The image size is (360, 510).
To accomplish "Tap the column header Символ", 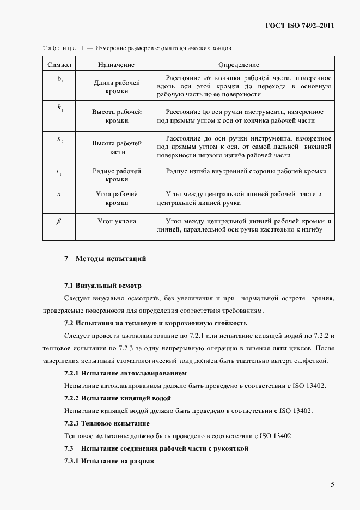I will coord(60,65).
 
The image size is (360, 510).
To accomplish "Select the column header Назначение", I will coord(116,65).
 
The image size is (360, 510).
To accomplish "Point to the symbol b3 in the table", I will coord(60,79).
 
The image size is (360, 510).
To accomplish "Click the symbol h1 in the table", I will coord(60,107).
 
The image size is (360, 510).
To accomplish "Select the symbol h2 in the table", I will coord(60,139).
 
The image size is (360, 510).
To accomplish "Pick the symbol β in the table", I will coord(59,221).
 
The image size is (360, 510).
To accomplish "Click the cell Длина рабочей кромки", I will coord(117,87).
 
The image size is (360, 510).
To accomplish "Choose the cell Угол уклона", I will coord(117,221).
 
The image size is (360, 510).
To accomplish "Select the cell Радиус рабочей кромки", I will coord(117,175).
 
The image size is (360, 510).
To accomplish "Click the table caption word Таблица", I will coord(58,48).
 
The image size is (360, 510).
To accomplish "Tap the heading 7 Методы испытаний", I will coord(105,258).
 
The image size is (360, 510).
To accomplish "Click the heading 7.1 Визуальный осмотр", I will coord(102,286).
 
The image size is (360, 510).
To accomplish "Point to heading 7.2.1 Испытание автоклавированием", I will coord(125,373).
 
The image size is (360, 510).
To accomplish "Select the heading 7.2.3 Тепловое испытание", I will coord(107,423).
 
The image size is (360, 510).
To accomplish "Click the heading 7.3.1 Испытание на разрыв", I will coord(109,462).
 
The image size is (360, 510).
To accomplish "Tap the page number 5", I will coord(332,484).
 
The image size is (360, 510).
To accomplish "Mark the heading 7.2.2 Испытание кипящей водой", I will coord(118,398).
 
